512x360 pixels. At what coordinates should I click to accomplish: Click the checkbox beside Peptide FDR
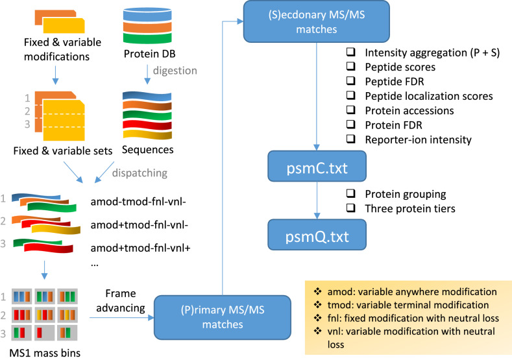352,82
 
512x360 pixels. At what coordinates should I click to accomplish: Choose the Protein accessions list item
410,110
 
